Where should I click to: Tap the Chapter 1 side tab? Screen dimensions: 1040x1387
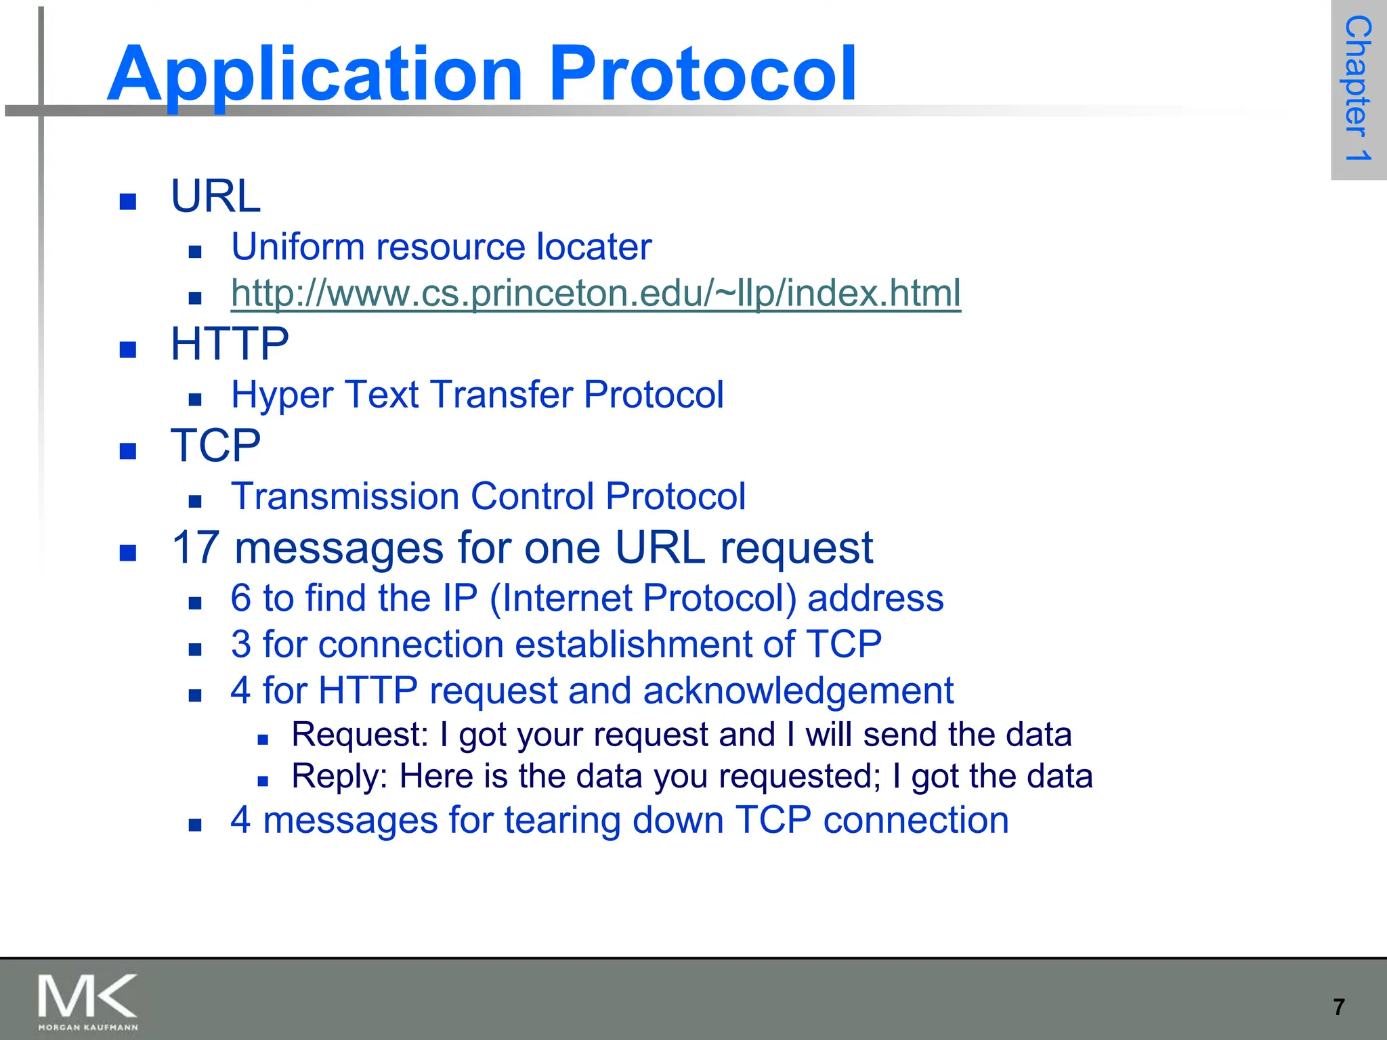[1358, 89]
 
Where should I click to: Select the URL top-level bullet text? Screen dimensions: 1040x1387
[215, 196]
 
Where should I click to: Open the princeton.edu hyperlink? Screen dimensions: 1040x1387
[595, 293]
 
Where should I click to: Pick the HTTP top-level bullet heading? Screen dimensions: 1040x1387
[230, 344]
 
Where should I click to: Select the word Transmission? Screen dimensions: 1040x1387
[345, 496]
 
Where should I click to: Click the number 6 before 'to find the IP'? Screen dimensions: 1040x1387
[241, 599]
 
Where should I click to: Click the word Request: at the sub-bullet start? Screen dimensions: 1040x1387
[360, 735]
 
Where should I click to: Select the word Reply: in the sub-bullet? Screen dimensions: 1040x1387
[339, 777]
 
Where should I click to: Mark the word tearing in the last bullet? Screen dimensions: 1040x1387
[562, 821]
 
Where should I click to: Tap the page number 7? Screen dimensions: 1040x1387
[1339, 1007]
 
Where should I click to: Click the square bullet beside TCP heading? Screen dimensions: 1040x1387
[128, 451]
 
